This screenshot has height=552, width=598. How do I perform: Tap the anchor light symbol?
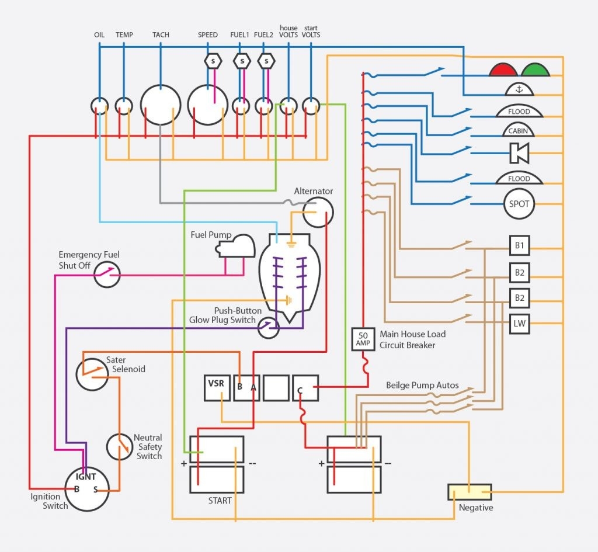519,89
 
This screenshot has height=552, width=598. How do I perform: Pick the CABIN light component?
519,130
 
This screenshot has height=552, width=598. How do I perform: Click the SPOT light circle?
519,204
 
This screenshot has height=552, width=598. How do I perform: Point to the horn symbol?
519,153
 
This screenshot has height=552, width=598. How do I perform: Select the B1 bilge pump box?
519,246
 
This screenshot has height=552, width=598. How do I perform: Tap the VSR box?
217,387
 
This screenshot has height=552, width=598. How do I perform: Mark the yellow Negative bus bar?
470,492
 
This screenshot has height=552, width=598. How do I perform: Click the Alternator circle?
318,211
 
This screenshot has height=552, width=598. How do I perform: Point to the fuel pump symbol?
236,247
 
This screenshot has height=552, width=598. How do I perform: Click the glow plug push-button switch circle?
269,328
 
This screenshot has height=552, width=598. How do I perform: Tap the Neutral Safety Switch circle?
120,447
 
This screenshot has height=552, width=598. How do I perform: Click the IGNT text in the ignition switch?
86,477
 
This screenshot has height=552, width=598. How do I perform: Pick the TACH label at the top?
161,35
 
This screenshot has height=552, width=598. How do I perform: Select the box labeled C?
305,387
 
